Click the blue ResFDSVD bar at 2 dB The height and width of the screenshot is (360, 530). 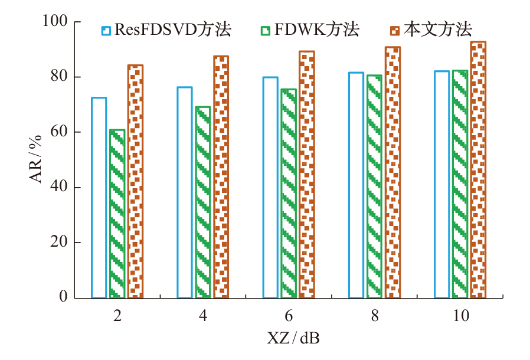coord(99,198)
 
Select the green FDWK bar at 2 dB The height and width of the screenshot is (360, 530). coord(117,214)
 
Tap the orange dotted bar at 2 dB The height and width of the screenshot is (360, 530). coord(135,182)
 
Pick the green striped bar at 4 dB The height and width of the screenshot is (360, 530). coord(203,202)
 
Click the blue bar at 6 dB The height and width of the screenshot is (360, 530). coord(270,188)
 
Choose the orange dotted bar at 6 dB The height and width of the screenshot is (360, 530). coord(307,175)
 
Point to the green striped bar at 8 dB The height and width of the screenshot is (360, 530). coord(375,186)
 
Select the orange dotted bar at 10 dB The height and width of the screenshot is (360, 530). coord(478,170)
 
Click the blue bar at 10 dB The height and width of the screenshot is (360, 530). coord(441,185)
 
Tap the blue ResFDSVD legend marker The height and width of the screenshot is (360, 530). coord(106,28)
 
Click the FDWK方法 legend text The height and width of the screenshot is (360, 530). coord(316,28)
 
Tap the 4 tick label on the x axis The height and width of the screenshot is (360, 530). coord(203,316)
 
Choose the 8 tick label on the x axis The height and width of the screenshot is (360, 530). coord(375,316)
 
